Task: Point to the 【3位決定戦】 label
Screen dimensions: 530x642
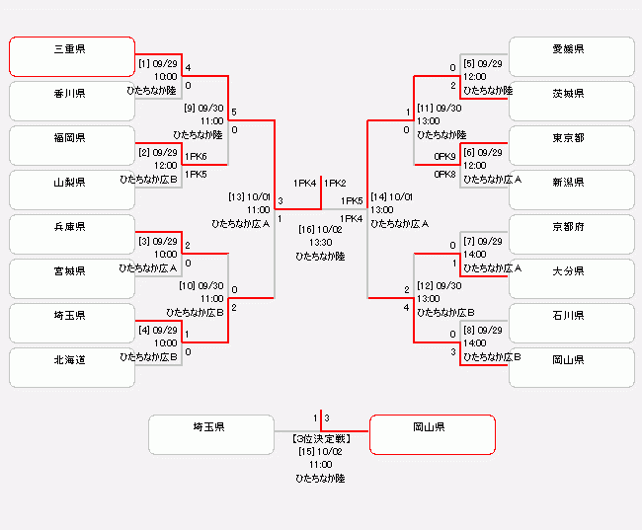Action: pyautogui.click(x=321, y=437)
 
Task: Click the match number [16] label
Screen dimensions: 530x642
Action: pyautogui.click(x=307, y=229)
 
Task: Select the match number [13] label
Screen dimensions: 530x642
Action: pyautogui.click(x=236, y=196)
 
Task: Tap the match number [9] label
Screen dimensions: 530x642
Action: pyautogui.click(x=190, y=108)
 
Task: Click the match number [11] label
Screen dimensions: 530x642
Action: pyautogui.click(x=426, y=108)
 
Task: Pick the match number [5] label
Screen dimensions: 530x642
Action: pyautogui.click(x=470, y=63)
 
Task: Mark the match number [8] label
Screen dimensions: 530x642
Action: pyautogui.click(x=470, y=330)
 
